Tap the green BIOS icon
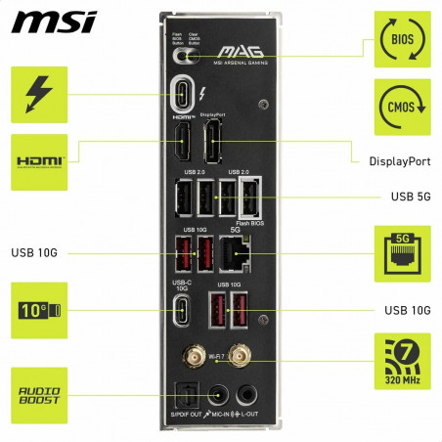point(401,39)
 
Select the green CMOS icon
point(401,105)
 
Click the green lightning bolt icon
point(39,95)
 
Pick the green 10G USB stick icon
point(39,310)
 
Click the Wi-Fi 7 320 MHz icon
point(401,360)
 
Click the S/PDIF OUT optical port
point(183,395)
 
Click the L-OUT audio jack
point(248,394)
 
